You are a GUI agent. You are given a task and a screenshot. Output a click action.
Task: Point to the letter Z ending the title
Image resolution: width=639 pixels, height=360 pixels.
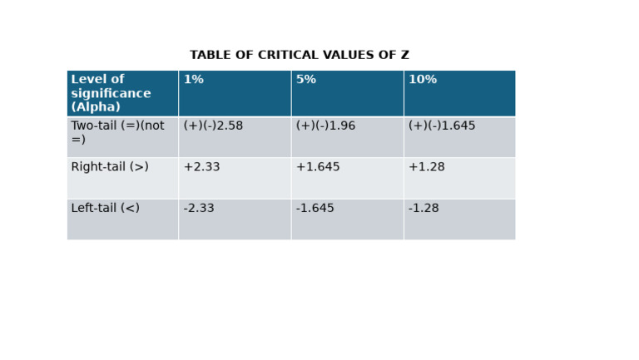click(x=404, y=56)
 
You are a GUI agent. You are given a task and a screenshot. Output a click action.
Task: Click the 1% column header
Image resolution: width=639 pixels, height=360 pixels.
click(x=193, y=80)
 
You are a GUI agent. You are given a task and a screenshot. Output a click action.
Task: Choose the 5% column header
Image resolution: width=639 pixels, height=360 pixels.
click(x=305, y=80)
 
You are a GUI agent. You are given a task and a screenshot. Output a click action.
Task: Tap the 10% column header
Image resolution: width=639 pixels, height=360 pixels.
click(x=422, y=80)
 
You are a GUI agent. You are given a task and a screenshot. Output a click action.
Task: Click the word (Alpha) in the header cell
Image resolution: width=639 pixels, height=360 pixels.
click(x=96, y=107)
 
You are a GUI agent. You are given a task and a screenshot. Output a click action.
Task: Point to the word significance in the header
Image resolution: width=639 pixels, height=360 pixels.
click(x=111, y=94)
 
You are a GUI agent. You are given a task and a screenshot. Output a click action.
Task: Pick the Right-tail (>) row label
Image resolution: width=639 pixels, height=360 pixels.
click(x=110, y=167)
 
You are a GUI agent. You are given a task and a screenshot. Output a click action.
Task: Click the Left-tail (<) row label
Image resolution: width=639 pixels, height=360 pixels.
click(x=105, y=209)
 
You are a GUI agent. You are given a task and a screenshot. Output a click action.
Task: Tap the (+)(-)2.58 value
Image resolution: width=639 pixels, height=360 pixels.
click(x=213, y=126)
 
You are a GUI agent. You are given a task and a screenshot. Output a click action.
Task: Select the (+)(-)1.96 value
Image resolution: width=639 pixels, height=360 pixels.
click(x=325, y=126)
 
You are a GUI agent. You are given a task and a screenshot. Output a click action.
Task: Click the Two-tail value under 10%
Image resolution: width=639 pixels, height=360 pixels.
click(x=441, y=126)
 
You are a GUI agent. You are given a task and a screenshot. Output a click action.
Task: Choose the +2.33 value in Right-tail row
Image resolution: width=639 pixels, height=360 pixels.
click(x=201, y=167)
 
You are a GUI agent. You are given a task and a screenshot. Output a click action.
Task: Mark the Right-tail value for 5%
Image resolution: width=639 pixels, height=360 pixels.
click(x=317, y=167)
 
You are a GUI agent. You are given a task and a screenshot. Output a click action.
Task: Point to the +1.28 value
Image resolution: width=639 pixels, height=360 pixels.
click(x=426, y=167)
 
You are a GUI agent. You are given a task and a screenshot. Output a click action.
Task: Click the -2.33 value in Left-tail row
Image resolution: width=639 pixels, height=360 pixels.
click(x=199, y=209)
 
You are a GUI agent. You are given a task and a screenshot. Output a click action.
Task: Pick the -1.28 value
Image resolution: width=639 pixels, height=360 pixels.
click(x=424, y=209)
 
